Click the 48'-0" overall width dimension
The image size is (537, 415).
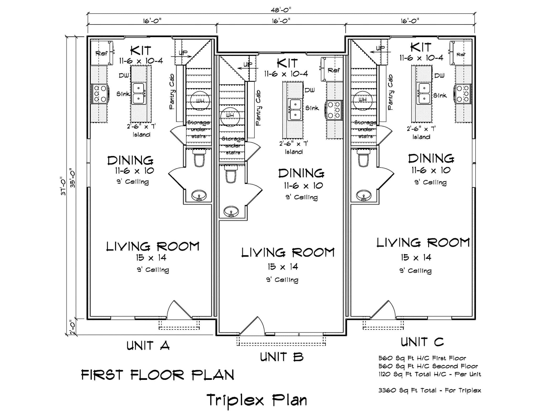281,10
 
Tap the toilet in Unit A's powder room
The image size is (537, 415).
199,159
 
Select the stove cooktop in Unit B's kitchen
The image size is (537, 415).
334,110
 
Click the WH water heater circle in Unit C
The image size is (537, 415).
363,99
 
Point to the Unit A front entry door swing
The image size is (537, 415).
178,311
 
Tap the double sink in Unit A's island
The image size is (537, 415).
139,93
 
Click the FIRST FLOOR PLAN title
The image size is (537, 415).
158,375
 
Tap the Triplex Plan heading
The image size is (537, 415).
257,400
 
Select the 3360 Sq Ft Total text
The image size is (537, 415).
430,390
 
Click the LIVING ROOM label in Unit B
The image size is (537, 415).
288,253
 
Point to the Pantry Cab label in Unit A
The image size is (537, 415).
172,92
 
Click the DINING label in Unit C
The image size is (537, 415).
431,159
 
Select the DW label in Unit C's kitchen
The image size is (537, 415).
439,76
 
